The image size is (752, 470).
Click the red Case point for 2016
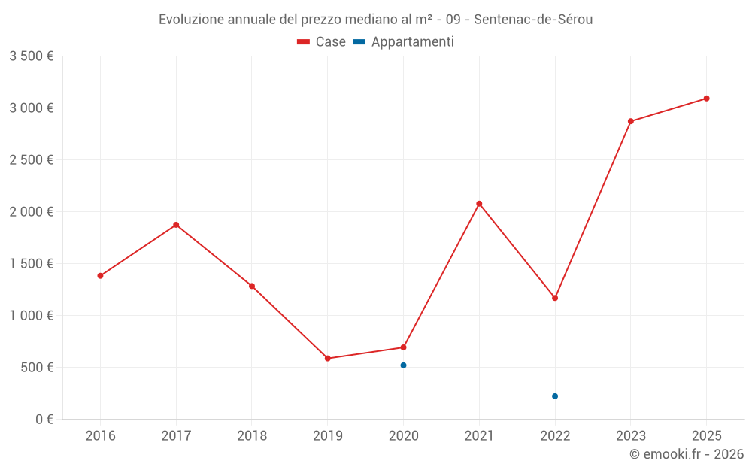pyautogui.click(x=100, y=276)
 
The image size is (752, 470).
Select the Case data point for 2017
pyautogui.click(x=176, y=225)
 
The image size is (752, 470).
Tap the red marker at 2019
pyautogui.click(x=328, y=359)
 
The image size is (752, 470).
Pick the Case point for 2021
pyautogui.click(x=479, y=204)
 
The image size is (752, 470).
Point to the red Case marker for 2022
pyautogui.click(x=555, y=298)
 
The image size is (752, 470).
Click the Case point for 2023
pyautogui.click(x=631, y=121)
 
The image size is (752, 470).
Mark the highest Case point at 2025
pyautogui.click(x=707, y=99)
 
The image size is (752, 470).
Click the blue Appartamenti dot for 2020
pyautogui.click(x=404, y=365)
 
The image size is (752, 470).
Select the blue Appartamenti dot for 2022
pyautogui.click(x=555, y=396)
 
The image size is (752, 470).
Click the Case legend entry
pyautogui.click(x=322, y=42)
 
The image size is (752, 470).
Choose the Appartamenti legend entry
pyautogui.click(x=404, y=42)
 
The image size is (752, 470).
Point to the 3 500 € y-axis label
pyautogui.click(x=31, y=56)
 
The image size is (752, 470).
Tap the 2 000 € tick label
pyautogui.click(x=31, y=212)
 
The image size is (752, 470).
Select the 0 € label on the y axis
pyautogui.click(x=44, y=420)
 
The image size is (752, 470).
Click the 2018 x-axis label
pyautogui.click(x=252, y=436)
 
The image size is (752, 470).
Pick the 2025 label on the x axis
pyautogui.click(x=707, y=436)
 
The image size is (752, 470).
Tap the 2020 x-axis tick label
pyautogui.click(x=404, y=436)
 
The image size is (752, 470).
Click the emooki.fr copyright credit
pyautogui.click(x=687, y=454)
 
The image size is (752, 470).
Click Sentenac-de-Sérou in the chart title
pyautogui.click(x=533, y=20)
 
